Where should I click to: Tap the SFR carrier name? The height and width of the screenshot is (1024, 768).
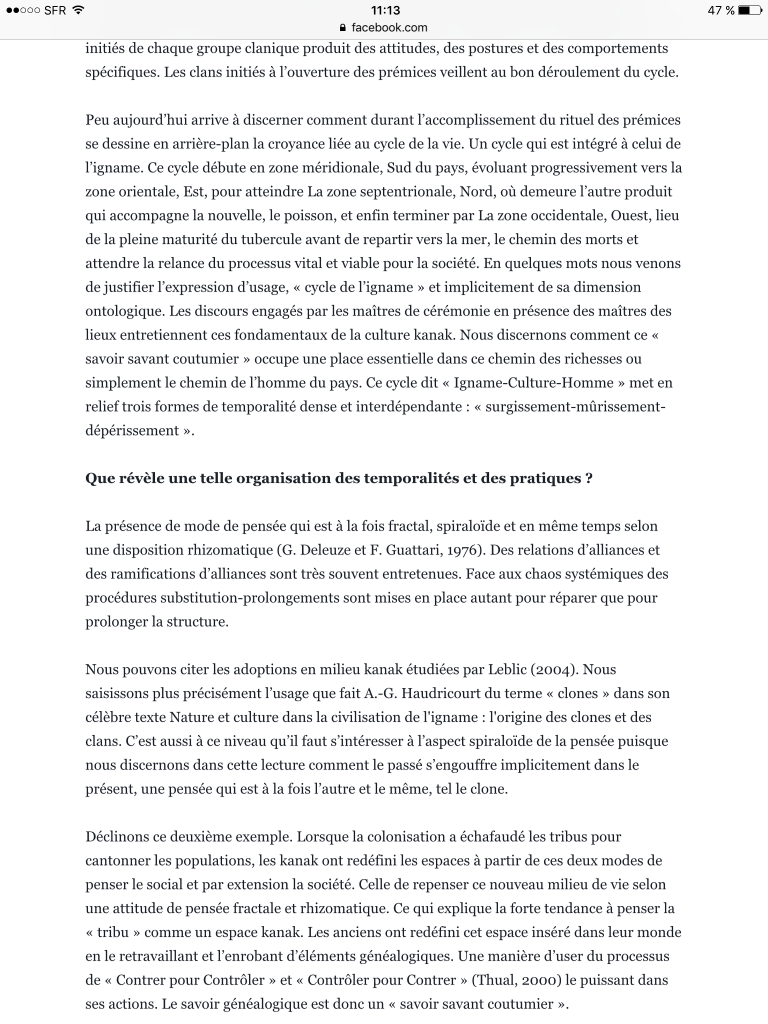pos(55,10)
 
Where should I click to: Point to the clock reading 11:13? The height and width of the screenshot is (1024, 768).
pos(385,10)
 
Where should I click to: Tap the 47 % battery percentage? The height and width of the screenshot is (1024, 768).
pos(720,10)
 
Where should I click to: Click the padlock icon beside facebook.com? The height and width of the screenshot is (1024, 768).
pos(342,28)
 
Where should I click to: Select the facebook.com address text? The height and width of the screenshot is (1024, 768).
pos(389,28)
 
